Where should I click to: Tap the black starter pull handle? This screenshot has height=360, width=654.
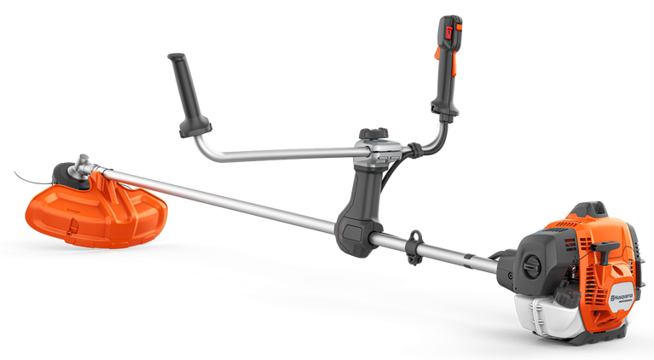pos(607,251)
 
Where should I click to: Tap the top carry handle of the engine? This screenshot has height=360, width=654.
pos(589,209)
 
